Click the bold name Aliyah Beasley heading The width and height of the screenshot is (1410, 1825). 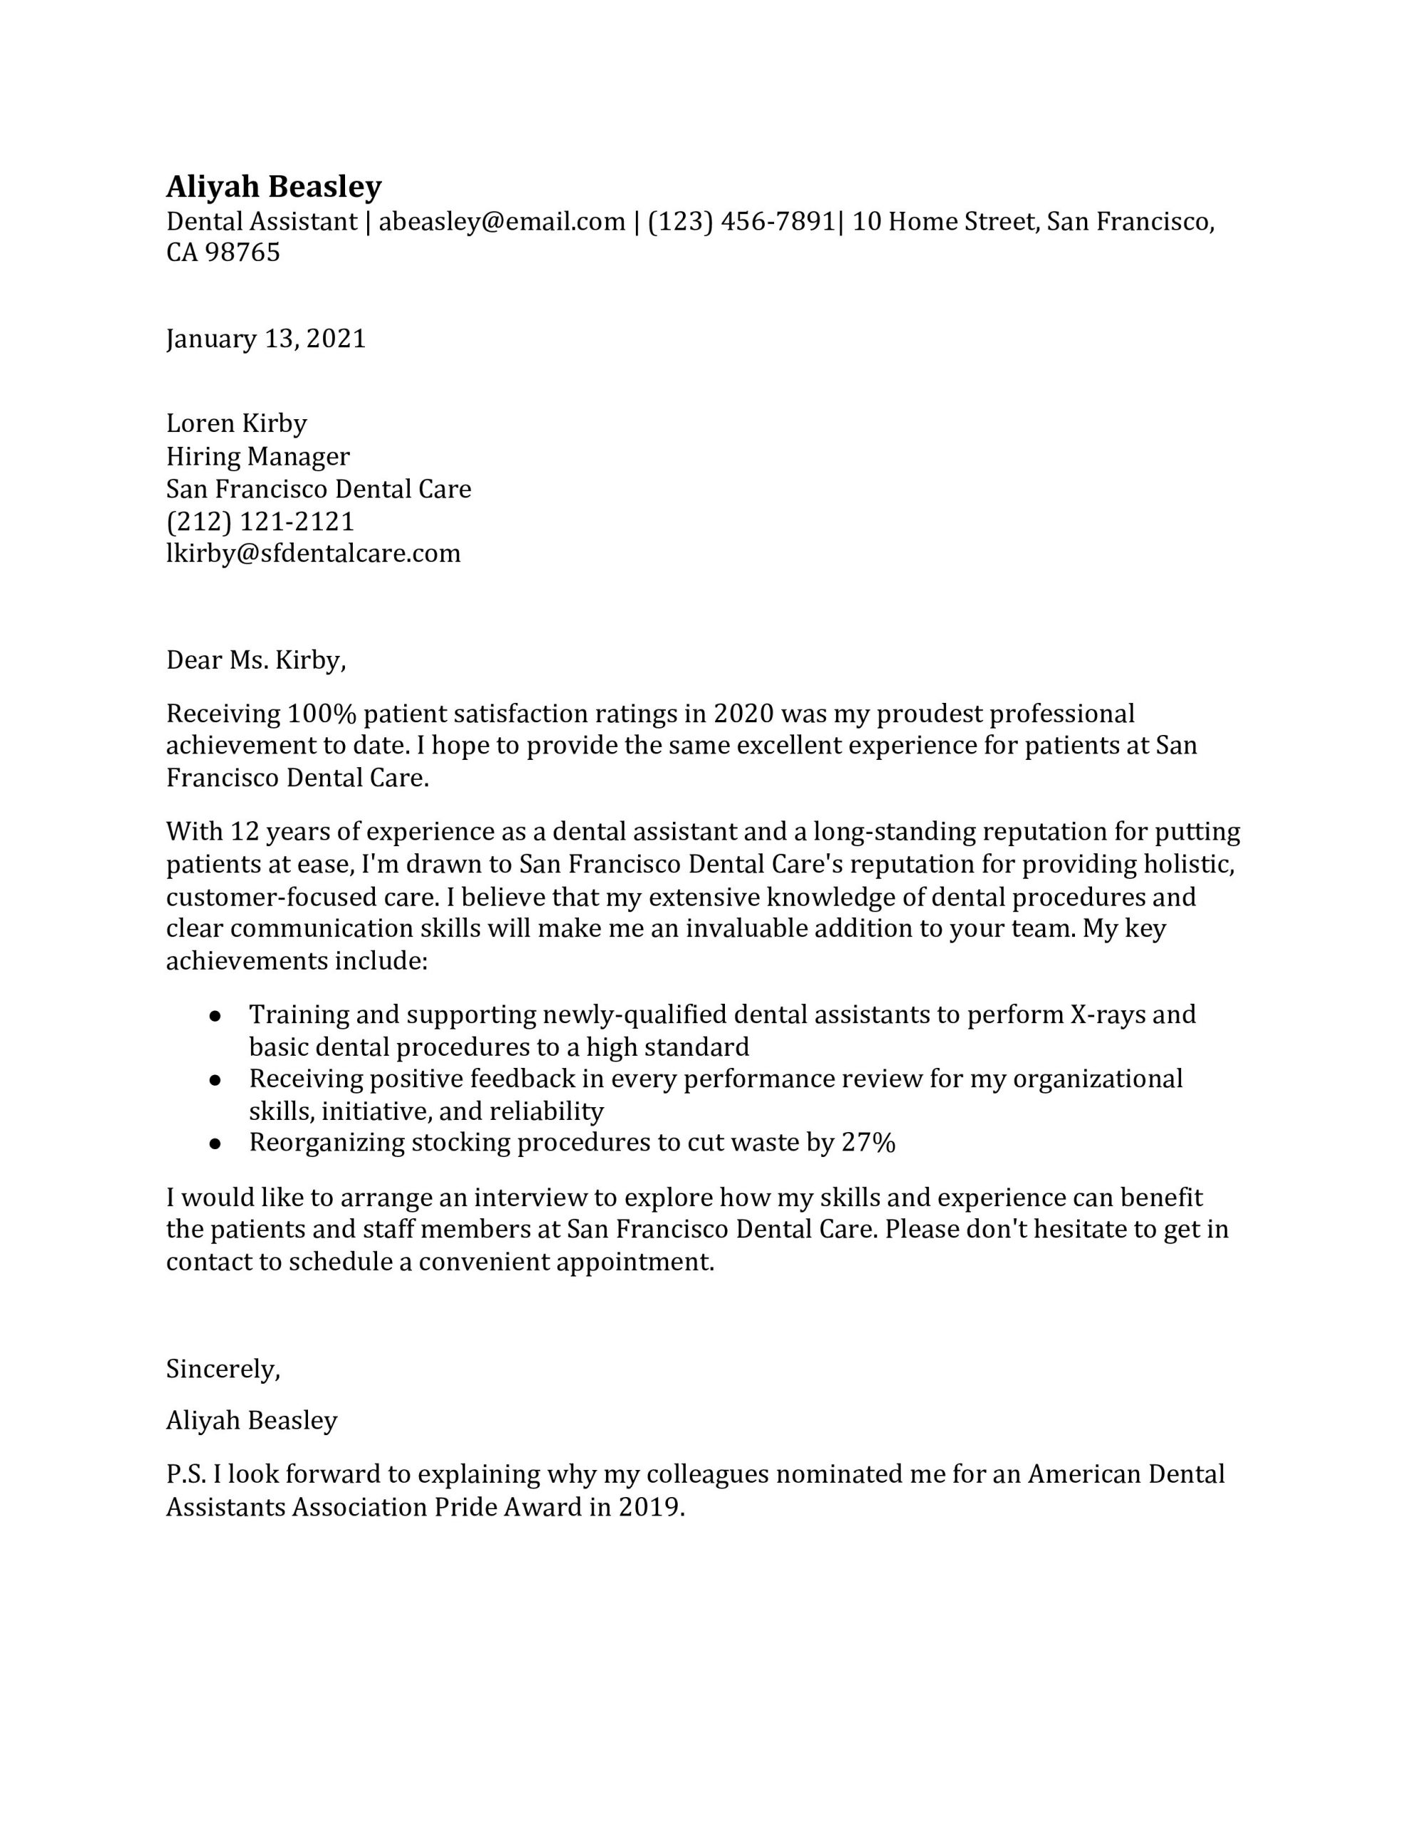click(x=273, y=186)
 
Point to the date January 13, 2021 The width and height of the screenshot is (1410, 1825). click(x=266, y=339)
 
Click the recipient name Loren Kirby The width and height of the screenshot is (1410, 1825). click(x=237, y=423)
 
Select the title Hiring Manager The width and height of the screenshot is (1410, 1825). click(x=257, y=456)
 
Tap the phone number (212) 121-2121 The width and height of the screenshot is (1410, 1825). click(x=260, y=521)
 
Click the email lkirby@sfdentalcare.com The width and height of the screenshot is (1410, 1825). click(x=314, y=553)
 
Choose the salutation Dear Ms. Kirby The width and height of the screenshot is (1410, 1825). click(x=256, y=660)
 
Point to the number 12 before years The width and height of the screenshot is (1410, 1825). click(x=245, y=831)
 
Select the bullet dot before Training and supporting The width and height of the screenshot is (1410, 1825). click(x=215, y=1015)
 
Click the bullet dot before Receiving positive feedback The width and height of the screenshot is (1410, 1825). click(x=215, y=1079)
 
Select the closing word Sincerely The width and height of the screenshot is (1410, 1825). click(x=222, y=1369)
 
